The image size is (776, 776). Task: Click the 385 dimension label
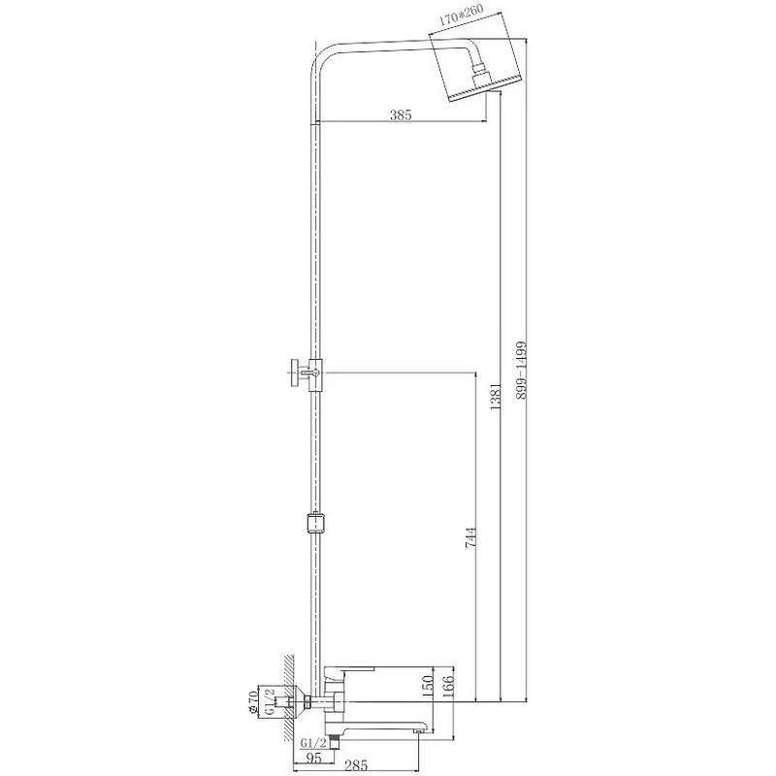tap(401, 115)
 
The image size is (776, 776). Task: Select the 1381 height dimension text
tap(496, 396)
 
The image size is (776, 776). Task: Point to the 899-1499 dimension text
tap(521, 370)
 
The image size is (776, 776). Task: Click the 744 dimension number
tap(470, 537)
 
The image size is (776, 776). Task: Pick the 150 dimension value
tap(429, 687)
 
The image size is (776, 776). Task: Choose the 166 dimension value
tap(449, 687)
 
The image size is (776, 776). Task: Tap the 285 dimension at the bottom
tap(356, 766)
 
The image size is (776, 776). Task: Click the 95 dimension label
tap(313, 758)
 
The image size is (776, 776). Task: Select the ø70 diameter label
tap(253, 702)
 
